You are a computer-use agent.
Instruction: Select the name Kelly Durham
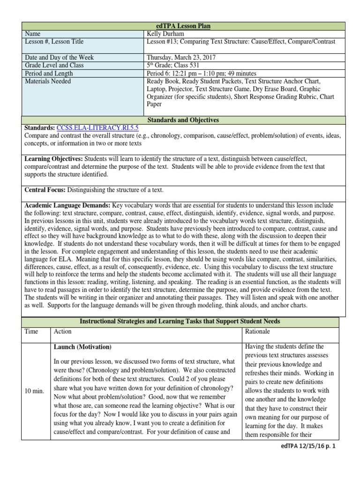click(166, 34)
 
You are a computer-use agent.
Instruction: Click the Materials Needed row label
click(48, 81)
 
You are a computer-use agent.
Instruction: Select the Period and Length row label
click(49, 73)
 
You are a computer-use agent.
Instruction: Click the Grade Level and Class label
click(54, 65)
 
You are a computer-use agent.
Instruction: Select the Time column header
click(32, 331)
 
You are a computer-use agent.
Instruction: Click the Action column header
click(63, 331)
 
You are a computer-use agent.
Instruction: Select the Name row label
click(33, 34)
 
